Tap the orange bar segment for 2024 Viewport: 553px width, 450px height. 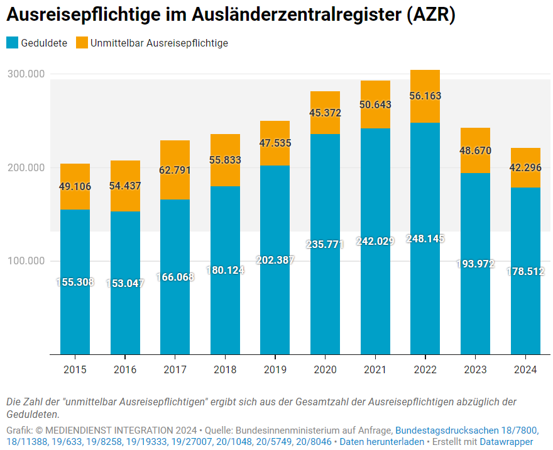(525, 167)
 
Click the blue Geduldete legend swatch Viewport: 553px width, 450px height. (12, 43)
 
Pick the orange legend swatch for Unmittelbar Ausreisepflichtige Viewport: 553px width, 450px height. (82, 43)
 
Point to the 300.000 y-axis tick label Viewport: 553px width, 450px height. (26, 74)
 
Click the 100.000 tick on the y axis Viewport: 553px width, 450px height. (26, 261)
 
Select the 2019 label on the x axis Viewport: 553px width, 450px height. (275, 369)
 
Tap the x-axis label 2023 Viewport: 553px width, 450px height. (475, 369)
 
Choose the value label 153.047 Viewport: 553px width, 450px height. (125, 283)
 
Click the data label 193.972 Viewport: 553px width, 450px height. (475, 264)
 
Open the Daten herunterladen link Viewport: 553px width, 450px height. (381, 442)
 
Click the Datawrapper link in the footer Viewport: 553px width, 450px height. (506, 442)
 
